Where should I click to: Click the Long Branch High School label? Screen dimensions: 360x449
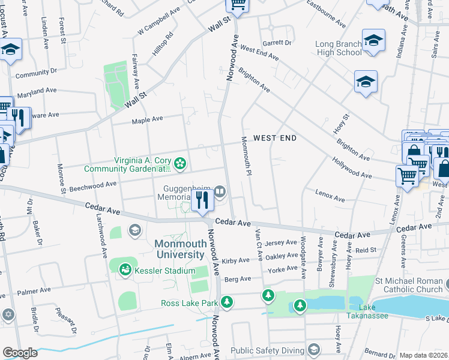click(339, 48)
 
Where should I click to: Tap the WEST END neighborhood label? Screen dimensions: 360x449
click(275, 138)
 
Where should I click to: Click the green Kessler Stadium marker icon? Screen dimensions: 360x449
click(125, 271)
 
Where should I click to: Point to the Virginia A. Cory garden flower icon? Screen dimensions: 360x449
click(179, 163)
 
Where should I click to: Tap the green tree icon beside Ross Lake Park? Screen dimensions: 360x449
click(226, 303)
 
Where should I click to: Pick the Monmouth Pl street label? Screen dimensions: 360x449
click(245, 155)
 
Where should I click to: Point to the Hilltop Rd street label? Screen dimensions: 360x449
click(162, 44)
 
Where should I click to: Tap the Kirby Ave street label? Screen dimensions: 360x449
click(235, 260)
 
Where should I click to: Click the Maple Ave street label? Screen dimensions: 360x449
click(147, 119)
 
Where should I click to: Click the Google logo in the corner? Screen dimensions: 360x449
click(19, 353)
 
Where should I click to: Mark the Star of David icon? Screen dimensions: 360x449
click(8, 314)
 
